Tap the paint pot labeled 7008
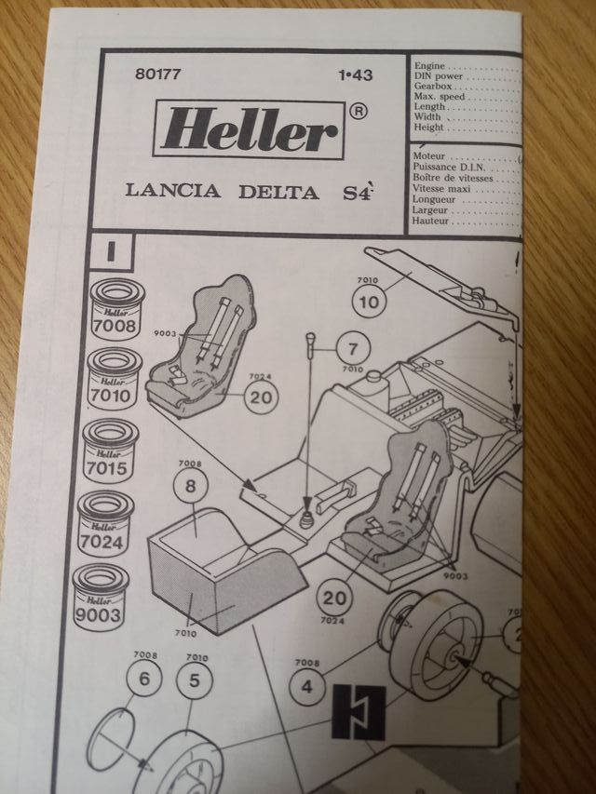(x=114, y=311)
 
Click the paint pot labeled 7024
(x=105, y=523)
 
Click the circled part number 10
(x=368, y=301)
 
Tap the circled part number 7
(x=352, y=350)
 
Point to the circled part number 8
(x=192, y=486)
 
